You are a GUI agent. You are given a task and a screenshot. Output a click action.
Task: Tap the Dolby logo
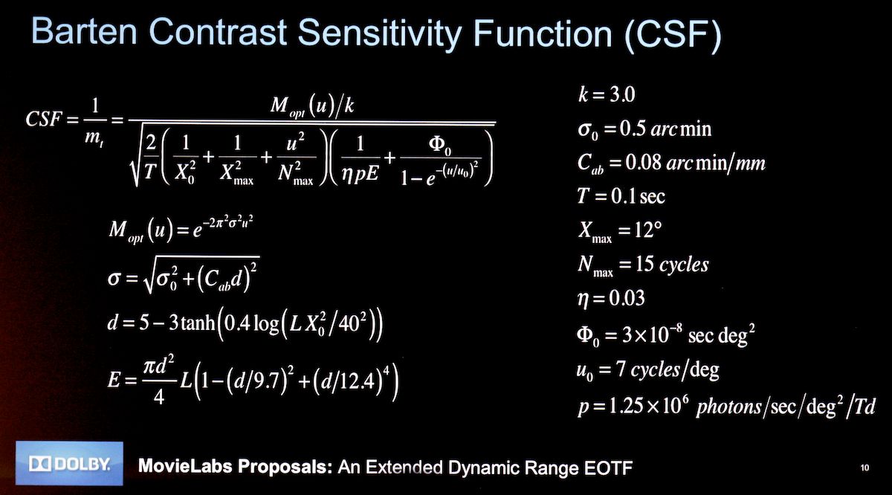pyautogui.click(x=69, y=464)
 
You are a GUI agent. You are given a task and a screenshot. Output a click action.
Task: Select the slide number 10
pyautogui.click(x=864, y=467)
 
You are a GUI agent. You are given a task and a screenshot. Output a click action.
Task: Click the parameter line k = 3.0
pyautogui.click(x=607, y=95)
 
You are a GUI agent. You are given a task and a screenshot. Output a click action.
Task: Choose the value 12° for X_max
pyautogui.click(x=648, y=230)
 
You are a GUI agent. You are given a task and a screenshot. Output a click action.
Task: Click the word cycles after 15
pyautogui.click(x=684, y=265)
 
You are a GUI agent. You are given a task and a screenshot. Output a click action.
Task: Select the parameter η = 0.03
pyautogui.click(x=611, y=299)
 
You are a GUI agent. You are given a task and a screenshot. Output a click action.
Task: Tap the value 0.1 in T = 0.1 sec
pyautogui.click(x=624, y=196)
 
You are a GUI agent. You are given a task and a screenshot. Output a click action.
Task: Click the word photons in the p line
pyautogui.click(x=728, y=407)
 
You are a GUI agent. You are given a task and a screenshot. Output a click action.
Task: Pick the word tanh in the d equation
pyautogui.click(x=197, y=323)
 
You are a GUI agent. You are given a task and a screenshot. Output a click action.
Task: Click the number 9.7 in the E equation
pyautogui.click(x=268, y=381)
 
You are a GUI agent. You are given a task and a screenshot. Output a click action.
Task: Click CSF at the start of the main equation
pyautogui.click(x=44, y=119)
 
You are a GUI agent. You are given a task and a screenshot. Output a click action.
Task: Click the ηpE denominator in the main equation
pyautogui.click(x=360, y=174)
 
